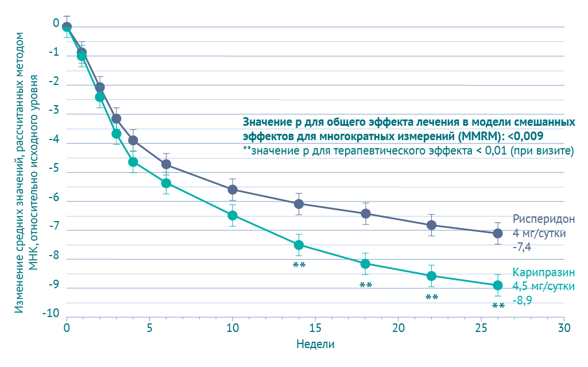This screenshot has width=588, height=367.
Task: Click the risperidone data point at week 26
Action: pyautogui.click(x=498, y=233)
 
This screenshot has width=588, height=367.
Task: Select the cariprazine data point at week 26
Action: pyautogui.click(x=498, y=285)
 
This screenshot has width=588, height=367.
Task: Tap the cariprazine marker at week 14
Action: pyautogui.click(x=299, y=245)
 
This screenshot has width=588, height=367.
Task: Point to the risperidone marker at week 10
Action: pyautogui.click(x=233, y=190)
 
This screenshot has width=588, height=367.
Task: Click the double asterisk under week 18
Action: pyautogui.click(x=366, y=285)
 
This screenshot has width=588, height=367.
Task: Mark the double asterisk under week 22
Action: pyautogui.click(x=432, y=298)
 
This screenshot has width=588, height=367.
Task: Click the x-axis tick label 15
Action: pyautogui.click(x=315, y=328)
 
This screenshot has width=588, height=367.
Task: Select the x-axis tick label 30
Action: pyautogui.click(x=564, y=328)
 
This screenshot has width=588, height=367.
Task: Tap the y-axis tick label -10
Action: pyautogui.click(x=51, y=314)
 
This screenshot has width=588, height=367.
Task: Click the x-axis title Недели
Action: pyautogui.click(x=315, y=345)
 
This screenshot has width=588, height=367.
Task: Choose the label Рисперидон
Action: pyautogui.click(x=543, y=220)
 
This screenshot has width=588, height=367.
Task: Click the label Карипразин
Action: pyautogui.click(x=543, y=272)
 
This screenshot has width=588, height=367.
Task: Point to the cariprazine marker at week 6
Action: pyautogui.click(x=166, y=183)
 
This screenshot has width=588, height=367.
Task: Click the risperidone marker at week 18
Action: pyautogui.click(x=365, y=214)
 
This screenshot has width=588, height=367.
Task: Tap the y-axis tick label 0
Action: pyautogui.click(x=56, y=24)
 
